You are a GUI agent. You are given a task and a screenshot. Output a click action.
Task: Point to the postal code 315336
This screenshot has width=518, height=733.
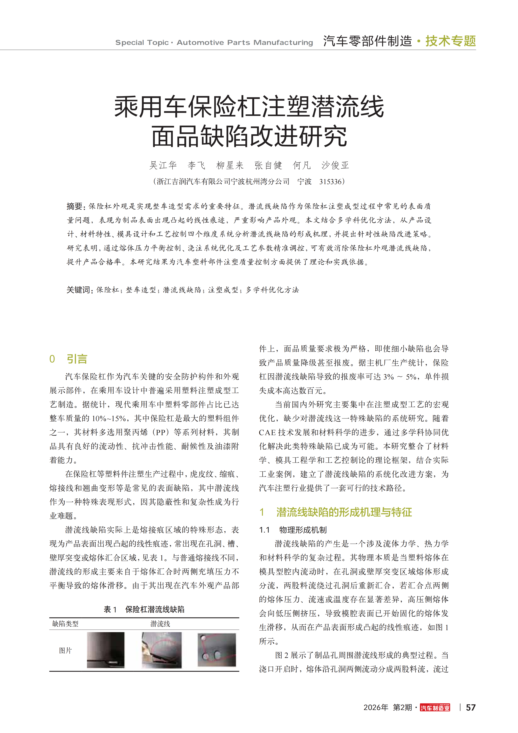[330, 182]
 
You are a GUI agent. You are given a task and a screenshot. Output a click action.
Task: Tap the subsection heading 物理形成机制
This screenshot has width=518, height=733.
[303, 530]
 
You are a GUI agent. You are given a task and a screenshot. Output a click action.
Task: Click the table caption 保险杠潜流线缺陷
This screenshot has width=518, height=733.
[155, 609]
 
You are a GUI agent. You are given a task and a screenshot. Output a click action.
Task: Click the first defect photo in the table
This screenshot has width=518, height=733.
[106, 650]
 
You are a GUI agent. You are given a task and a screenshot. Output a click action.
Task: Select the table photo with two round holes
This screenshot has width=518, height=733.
[217, 650]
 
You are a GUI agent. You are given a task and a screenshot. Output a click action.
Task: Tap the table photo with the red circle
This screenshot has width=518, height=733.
[162, 650]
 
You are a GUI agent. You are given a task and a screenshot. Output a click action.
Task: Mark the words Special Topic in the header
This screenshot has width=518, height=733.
[142, 42]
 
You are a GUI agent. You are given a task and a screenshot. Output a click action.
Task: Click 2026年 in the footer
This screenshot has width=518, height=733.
[376, 708]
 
